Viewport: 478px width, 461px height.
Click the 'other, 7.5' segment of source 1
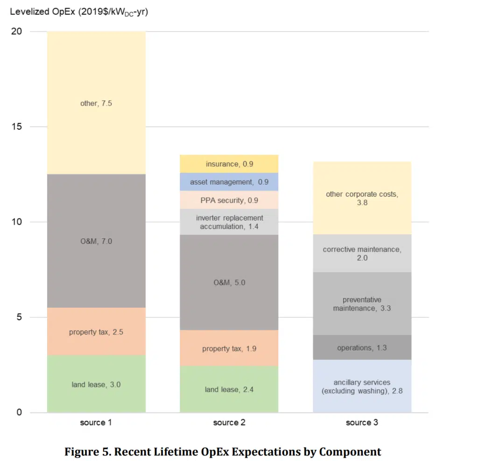[x=96, y=103]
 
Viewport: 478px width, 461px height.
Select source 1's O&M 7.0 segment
[x=96, y=241]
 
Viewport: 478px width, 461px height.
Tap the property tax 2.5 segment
[x=96, y=332]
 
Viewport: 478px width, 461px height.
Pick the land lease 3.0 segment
[x=96, y=384]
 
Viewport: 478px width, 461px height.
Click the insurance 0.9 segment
[x=229, y=164]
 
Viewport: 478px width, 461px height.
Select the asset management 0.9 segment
[x=229, y=182]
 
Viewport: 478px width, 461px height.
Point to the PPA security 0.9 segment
[x=229, y=200]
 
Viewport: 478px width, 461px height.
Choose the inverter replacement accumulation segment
[x=229, y=222]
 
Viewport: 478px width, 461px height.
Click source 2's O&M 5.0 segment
[x=229, y=282]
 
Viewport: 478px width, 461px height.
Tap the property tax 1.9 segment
[x=229, y=348]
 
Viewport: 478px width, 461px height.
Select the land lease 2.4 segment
[x=229, y=389]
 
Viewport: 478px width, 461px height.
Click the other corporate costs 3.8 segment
[x=362, y=198]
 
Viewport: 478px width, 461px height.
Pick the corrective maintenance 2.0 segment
[x=362, y=253]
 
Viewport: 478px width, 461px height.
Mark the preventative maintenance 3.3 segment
[x=362, y=303]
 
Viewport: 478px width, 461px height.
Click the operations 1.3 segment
[x=362, y=347]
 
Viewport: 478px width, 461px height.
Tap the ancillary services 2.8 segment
[x=362, y=386]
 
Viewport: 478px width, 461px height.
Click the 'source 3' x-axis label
[x=362, y=423]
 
